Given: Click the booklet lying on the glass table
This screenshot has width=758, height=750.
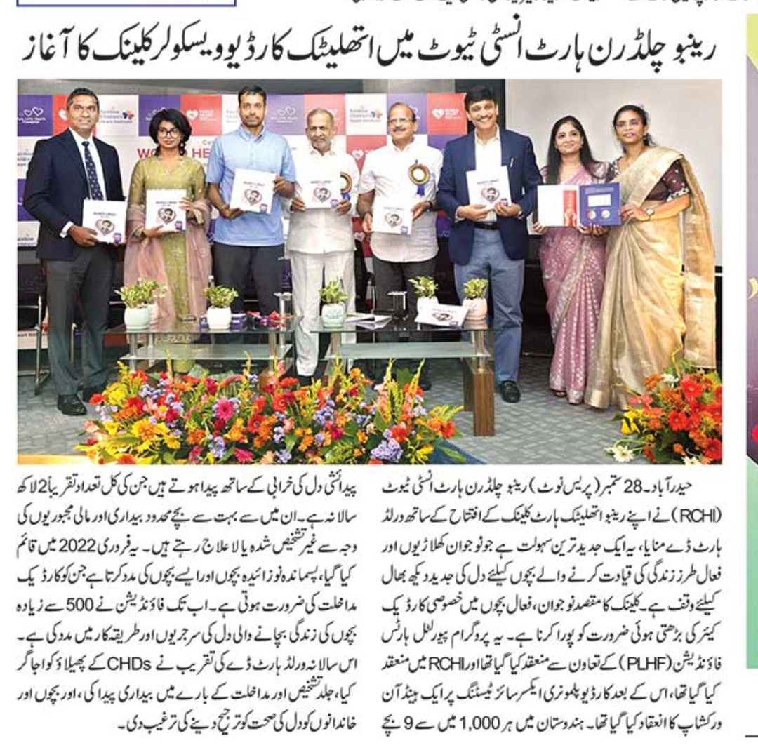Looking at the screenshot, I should coord(441,315).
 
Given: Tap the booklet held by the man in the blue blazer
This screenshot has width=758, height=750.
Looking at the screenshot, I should coord(488,187).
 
